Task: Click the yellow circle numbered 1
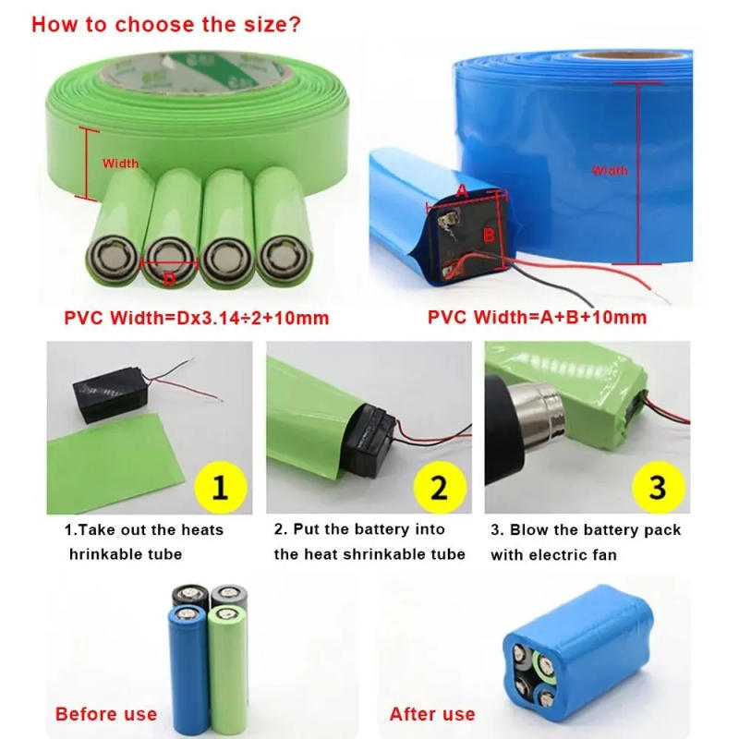(x=220, y=486)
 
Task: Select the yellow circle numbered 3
(x=657, y=486)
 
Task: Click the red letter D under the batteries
(x=169, y=278)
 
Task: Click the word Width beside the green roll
(x=120, y=164)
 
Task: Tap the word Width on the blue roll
(x=610, y=170)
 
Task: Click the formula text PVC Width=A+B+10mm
(x=537, y=318)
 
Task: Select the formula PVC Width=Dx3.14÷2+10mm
(x=197, y=318)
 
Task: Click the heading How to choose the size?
(x=166, y=23)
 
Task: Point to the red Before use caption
(x=105, y=714)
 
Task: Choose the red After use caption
(x=432, y=714)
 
